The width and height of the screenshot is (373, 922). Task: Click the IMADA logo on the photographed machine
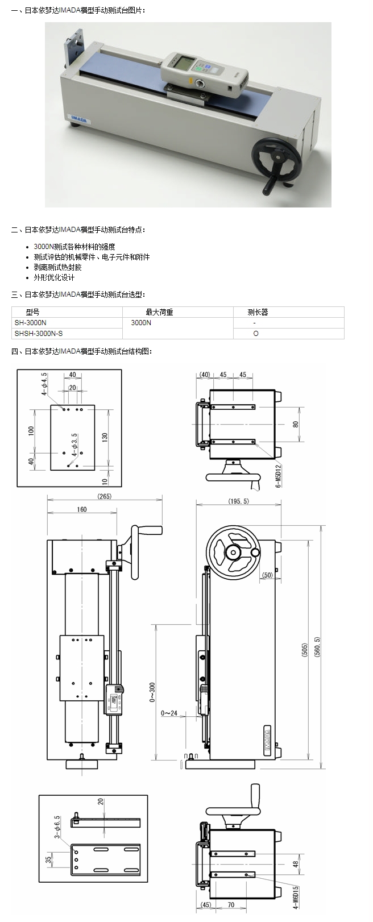tap(78, 117)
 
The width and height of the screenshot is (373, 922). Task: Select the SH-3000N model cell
tap(31, 323)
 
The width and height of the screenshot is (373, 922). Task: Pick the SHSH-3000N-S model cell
tap(39, 334)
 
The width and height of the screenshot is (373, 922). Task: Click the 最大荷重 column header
tap(159, 312)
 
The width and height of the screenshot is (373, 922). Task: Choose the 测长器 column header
tap(257, 312)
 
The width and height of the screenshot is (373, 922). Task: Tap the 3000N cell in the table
tap(141, 323)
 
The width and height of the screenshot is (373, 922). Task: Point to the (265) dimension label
tap(105, 496)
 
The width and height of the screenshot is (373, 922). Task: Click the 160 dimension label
tap(82, 509)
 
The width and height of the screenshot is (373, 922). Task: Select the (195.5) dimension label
tap(238, 501)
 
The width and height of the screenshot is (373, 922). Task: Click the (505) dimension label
tap(304, 649)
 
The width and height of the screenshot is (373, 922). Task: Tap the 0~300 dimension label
tap(152, 692)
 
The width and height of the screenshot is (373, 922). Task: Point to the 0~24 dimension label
tap(169, 713)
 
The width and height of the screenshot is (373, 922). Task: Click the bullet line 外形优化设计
tap(54, 278)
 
